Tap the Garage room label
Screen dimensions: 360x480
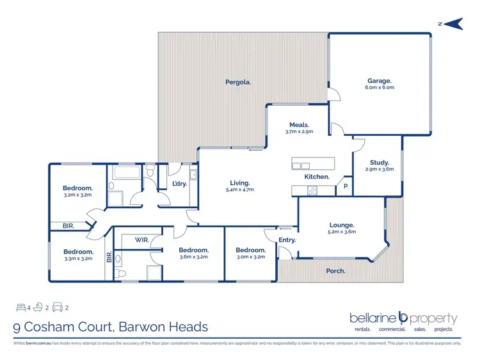point(380,81)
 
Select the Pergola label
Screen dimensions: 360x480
point(237,82)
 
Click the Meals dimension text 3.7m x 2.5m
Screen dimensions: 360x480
point(299,132)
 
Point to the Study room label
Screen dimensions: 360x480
point(379,163)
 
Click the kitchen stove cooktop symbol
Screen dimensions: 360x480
point(313,190)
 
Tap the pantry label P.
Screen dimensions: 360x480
point(346,186)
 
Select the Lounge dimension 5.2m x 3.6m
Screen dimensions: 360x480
point(342,232)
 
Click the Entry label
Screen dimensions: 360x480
point(287,240)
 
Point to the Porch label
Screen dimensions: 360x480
point(335,271)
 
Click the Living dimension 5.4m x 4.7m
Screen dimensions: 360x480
point(240,190)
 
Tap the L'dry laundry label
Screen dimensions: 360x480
point(180,184)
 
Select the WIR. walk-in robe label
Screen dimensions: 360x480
point(142,240)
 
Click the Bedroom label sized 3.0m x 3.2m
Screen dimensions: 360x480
point(250,250)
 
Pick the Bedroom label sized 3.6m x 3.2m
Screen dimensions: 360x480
point(193,250)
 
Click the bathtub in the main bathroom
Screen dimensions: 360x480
point(129,173)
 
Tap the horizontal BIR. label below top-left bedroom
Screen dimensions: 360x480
point(68,225)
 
